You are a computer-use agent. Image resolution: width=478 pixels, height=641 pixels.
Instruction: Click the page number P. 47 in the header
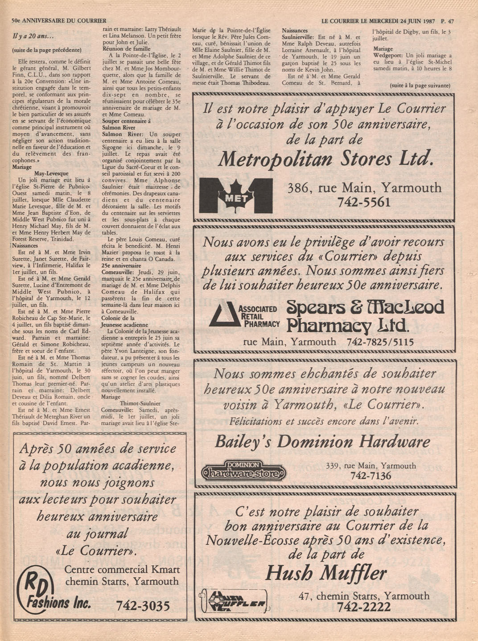pos(447,21)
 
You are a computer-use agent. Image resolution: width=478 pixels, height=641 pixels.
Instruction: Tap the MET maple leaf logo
pos(235,196)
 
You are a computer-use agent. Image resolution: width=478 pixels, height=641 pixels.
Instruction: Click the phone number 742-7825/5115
pos(380,342)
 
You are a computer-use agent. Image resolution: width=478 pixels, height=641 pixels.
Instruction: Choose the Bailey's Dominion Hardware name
pos(322,442)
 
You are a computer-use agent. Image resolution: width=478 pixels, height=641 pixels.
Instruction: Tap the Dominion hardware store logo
pos(244,471)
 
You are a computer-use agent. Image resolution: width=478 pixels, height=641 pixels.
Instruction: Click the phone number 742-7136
pos(371,476)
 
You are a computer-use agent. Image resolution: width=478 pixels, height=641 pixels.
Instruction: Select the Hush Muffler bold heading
pos(326,573)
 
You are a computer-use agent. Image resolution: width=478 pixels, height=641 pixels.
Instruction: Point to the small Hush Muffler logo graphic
pos(234,602)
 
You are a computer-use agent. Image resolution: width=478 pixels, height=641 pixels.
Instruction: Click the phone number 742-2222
pos(364,607)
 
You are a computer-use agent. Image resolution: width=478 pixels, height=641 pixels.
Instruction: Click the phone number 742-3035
pos(143,606)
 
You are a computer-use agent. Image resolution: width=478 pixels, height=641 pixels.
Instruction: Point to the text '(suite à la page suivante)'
pos(420,85)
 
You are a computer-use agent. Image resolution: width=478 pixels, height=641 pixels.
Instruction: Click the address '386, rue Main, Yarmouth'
pos(365,188)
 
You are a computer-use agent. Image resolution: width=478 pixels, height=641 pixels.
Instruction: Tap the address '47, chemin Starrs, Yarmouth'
pos(364,596)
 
